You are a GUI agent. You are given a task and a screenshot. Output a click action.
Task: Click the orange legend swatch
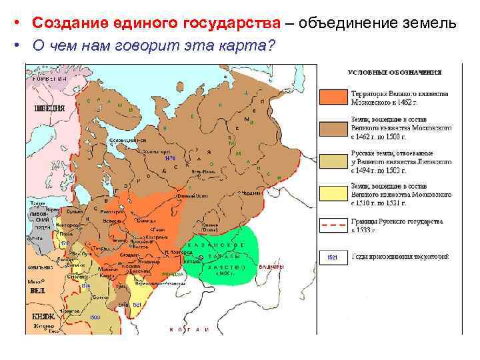(333, 97)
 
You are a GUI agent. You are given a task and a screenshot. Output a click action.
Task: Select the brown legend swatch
(333, 128)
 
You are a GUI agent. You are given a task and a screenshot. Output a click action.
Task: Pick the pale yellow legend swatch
(333, 193)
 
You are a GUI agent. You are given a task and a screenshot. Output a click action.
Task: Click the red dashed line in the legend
(333, 225)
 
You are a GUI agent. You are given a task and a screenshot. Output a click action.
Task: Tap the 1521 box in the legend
(333, 256)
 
